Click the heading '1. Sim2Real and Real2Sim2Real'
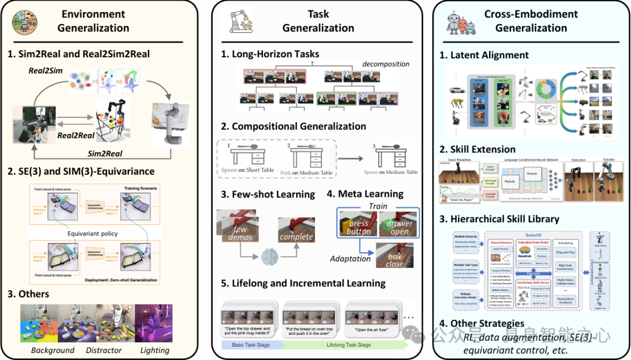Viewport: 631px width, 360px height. (x=79, y=54)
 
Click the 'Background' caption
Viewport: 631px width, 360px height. (x=53, y=350)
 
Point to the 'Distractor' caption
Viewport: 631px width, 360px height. (x=105, y=350)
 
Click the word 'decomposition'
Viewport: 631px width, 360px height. (x=386, y=64)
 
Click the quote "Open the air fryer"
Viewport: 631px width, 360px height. (x=369, y=330)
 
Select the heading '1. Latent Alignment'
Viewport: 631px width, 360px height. (x=484, y=55)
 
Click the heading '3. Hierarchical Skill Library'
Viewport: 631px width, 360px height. (x=499, y=219)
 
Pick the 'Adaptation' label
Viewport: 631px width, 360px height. (x=350, y=258)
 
